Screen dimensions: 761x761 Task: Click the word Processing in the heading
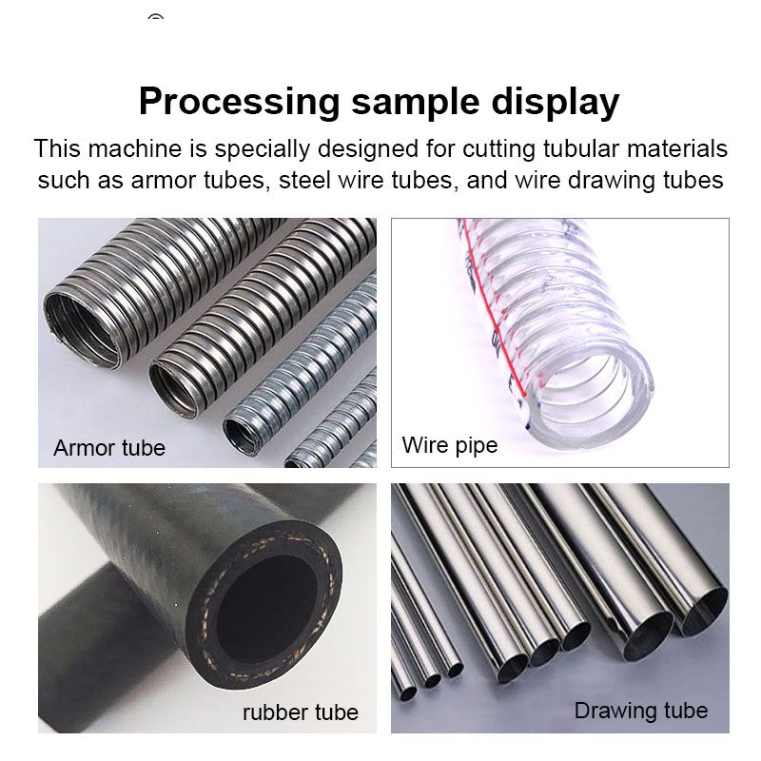(x=240, y=103)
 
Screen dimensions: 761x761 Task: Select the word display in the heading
(x=556, y=103)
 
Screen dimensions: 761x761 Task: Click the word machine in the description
(x=135, y=148)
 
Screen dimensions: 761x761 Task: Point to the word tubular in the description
(x=580, y=148)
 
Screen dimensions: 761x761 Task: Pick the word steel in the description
(x=302, y=180)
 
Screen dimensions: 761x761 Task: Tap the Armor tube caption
(x=109, y=448)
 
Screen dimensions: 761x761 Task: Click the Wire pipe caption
(x=450, y=445)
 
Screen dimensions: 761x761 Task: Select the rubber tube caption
(x=301, y=712)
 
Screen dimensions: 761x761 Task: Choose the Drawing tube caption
(x=641, y=711)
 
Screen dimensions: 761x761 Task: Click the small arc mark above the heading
(x=155, y=17)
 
